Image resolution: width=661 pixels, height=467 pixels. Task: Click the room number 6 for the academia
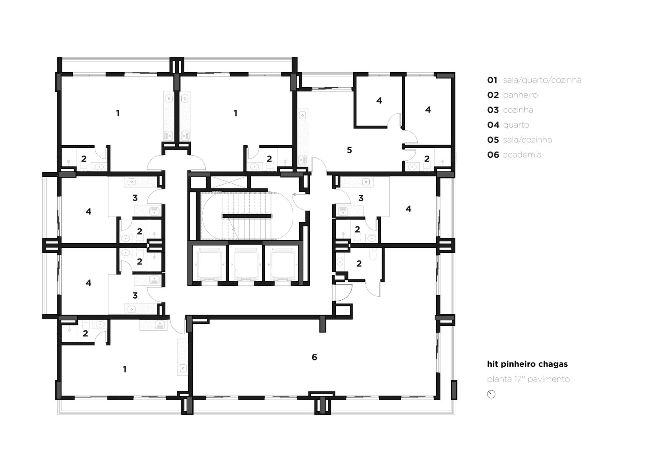point(314,357)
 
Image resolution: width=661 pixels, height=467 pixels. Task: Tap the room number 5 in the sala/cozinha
point(350,150)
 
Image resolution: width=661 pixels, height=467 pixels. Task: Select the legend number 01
point(492,80)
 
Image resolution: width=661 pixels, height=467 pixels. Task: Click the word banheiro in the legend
point(520,95)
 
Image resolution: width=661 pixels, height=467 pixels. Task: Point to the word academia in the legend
point(522,154)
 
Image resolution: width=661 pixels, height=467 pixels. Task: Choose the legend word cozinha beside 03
point(518,110)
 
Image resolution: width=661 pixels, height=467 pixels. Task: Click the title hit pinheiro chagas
point(527,364)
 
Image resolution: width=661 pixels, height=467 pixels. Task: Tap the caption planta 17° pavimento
point(528,379)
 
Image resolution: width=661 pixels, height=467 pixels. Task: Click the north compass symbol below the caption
point(491,394)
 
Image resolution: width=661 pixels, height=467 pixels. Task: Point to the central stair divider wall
point(247,216)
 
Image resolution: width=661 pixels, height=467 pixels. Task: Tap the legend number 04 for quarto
point(493,125)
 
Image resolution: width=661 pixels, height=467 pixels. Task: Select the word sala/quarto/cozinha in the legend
point(542,80)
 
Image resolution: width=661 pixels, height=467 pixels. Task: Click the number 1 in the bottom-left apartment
point(125,370)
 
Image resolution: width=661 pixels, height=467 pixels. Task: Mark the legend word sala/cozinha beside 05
point(527,140)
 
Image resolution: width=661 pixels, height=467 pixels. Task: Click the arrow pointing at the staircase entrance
point(301,194)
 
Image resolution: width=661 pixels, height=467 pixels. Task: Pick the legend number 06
point(493,154)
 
